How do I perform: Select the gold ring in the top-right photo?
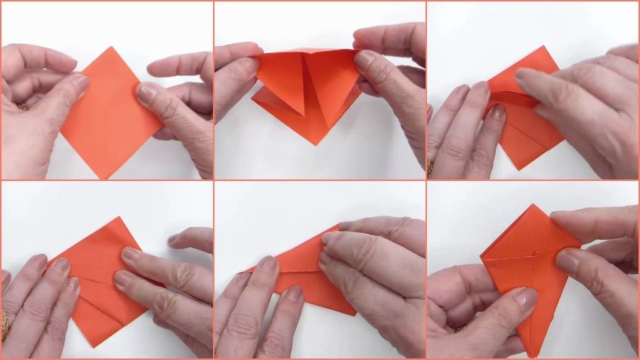coord(429,165)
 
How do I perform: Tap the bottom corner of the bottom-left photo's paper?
coord(94,346)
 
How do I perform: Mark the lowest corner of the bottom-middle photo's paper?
coord(354,314)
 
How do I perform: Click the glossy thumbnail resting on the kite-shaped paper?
coord(567,260)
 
